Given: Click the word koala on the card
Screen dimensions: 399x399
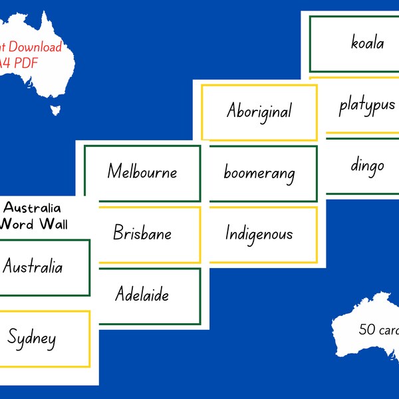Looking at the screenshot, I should click(x=368, y=43).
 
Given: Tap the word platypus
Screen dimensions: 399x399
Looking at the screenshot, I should click(x=366, y=105).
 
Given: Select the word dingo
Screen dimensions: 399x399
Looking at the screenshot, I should click(x=368, y=164).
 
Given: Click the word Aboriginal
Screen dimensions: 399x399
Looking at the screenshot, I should click(x=259, y=110).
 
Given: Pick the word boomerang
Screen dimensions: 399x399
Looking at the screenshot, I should click(x=259, y=174).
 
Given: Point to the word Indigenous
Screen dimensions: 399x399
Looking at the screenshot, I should click(x=259, y=234).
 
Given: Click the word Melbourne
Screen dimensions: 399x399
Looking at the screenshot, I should click(x=142, y=172).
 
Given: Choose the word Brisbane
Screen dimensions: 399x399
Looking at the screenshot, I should click(x=142, y=233).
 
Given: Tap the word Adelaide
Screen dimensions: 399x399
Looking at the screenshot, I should click(x=142, y=294).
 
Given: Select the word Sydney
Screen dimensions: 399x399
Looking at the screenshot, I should click(x=32, y=338).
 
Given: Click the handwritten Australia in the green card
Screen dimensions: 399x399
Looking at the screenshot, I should click(x=33, y=267).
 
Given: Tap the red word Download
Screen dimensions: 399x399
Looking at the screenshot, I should click(x=37, y=47).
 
